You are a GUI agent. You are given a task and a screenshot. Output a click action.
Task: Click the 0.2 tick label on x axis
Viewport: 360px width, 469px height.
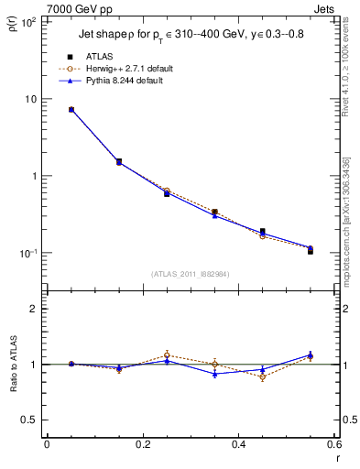(x=142, y=444)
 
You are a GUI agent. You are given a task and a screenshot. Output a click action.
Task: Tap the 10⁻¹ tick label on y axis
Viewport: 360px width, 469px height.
(x=27, y=253)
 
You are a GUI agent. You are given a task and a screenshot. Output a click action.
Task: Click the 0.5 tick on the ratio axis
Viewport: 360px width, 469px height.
(x=29, y=420)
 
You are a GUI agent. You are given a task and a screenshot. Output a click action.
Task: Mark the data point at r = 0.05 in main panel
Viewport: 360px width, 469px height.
(x=71, y=110)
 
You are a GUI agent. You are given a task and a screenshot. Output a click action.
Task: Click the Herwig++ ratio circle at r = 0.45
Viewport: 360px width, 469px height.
(x=263, y=376)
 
